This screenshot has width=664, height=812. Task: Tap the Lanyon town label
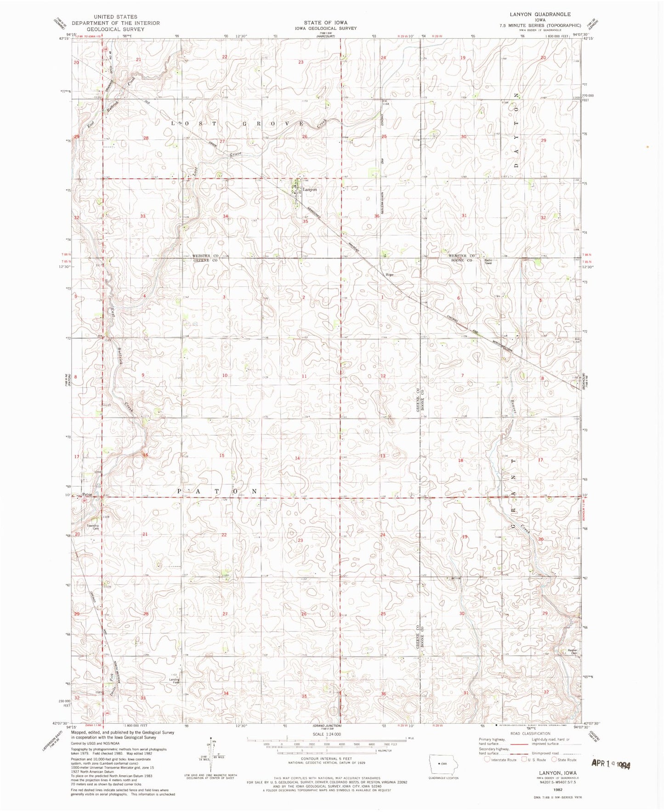tap(309, 189)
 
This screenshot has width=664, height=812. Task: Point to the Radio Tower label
tap(488, 262)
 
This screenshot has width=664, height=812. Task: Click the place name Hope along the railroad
tap(390, 275)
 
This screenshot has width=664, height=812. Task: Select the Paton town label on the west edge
tap(87, 495)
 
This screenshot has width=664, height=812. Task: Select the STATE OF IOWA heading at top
tap(325, 23)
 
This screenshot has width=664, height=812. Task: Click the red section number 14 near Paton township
tap(297, 458)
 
